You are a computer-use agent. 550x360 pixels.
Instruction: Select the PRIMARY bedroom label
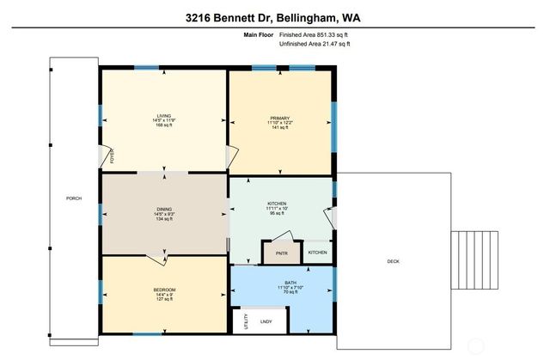click(x=280, y=118)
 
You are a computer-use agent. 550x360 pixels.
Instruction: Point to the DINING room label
click(x=164, y=209)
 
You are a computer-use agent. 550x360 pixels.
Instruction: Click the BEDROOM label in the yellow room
click(x=163, y=290)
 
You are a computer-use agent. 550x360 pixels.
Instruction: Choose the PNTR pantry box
click(x=282, y=253)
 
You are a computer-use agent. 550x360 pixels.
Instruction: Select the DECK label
click(x=393, y=262)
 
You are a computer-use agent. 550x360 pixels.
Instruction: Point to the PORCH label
click(x=74, y=198)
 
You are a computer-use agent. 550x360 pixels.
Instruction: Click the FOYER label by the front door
click(x=110, y=156)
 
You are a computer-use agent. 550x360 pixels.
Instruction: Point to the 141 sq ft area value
click(x=280, y=128)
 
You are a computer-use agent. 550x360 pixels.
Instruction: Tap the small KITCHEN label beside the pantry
click(x=318, y=253)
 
